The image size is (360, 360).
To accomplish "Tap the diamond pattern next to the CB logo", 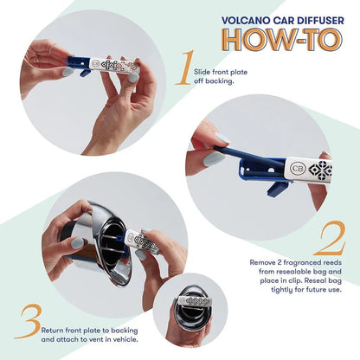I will click(x=319, y=168).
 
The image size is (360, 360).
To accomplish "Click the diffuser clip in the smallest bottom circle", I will click(x=191, y=304).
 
